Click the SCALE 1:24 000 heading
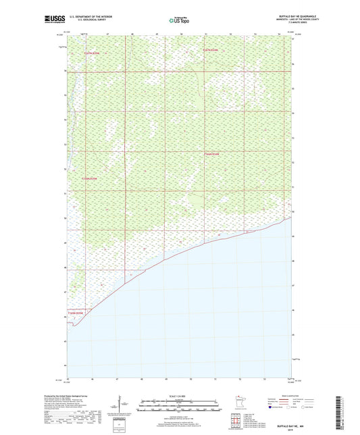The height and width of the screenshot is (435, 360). (x=179, y=395)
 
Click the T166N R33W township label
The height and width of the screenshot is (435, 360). (x=90, y=179)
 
